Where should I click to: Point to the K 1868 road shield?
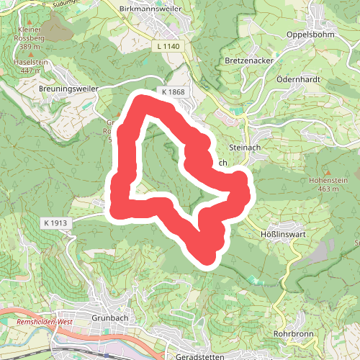[x=174, y=92]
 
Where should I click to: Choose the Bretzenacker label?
[x=249, y=60]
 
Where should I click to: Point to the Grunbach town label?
[x=110, y=317]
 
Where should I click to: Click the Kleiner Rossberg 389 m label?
[x=30, y=38]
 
